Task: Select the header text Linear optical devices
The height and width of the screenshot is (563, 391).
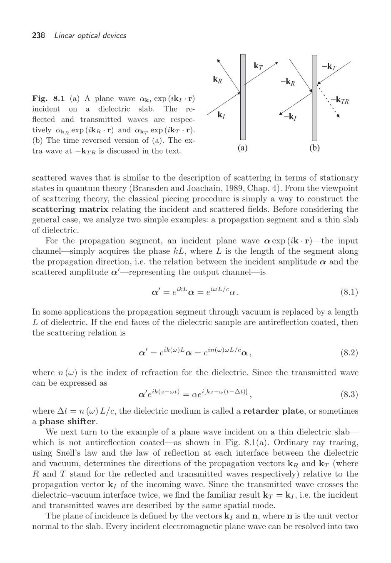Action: tap(90, 36)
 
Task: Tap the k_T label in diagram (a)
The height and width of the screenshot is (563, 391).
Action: tap(258, 66)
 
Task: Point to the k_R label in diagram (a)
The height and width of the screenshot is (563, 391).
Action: tap(217, 79)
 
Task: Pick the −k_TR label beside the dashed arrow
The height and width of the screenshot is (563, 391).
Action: tap(340, 100)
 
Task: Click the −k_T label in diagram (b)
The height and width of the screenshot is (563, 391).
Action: tap(329, 67)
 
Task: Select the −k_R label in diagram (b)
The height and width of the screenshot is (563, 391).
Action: tap(287, 82)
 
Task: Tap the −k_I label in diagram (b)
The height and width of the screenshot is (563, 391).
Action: tap(290, 117)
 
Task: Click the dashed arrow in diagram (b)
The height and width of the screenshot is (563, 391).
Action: tap(329, 102)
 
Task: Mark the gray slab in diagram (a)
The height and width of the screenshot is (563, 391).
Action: tap(243, 98)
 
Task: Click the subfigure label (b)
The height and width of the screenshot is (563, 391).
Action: tap(314, 148)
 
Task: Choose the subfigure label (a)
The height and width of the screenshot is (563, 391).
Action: tap(242, 148)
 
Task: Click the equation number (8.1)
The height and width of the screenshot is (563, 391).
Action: tap(349, 292)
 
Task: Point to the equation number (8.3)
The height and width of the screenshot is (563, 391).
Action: tap(349, 394)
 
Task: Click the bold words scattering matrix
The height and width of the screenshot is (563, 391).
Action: tap(70, 209)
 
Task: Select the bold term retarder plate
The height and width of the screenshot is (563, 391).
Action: tap(273, 411)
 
